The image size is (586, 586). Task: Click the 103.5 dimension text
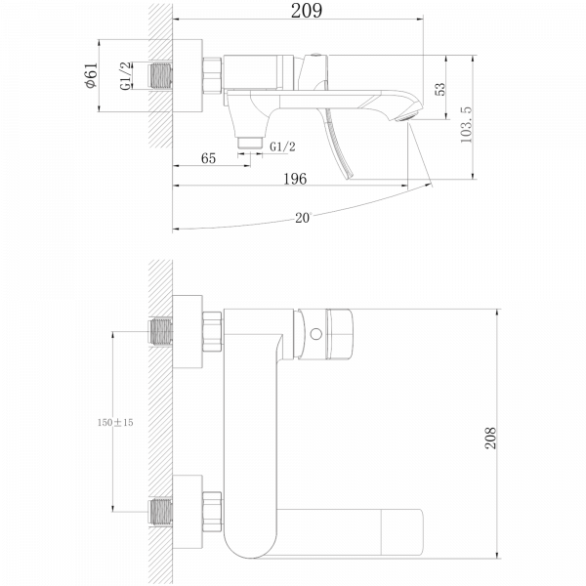coord(466,124)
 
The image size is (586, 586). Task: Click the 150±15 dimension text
coord(115,422)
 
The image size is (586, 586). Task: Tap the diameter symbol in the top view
coord(91,85)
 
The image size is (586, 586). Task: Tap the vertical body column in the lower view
coord(251,430)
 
